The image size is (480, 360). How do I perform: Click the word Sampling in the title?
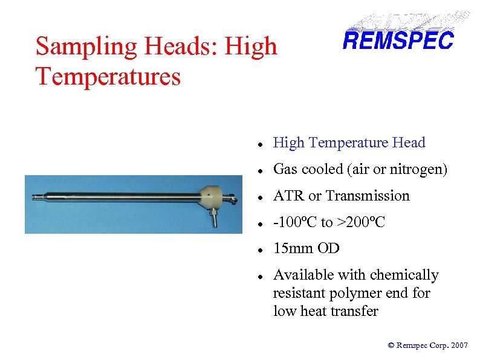[77, 46]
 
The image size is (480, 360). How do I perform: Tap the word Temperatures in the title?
[108, 77]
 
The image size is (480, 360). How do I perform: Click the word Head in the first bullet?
[408, 143]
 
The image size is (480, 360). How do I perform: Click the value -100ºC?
[295, 222]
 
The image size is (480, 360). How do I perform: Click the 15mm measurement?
[293, 248]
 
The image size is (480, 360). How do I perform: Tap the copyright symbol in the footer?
[391, 346]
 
